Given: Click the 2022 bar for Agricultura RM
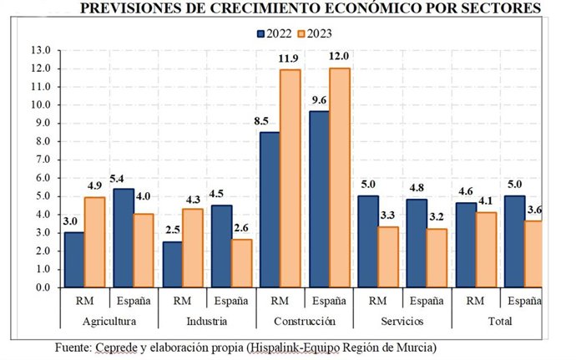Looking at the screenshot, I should click(x=73, y=259).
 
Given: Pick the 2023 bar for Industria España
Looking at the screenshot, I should click(x=241, y=262).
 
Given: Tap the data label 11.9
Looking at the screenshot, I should click(x=289, y=59).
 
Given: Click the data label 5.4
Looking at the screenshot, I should click(x=122, y=179).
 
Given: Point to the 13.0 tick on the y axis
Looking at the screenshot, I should click(x=41, y=50).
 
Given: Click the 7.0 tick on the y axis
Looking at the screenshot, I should click(x=41, y=160).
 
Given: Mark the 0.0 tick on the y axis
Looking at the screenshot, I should click(x=41, y=287).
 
